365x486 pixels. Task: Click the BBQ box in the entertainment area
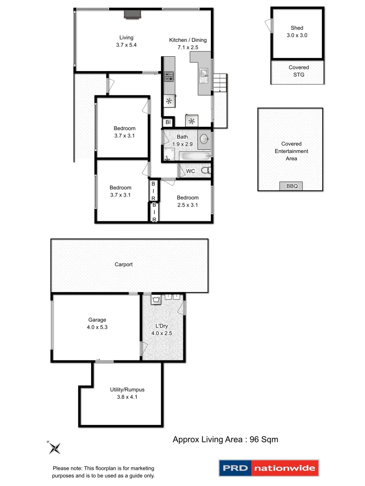(x=289, y=186)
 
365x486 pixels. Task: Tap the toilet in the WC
(x=205, y=171)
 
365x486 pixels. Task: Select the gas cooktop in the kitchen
(x=169, y=76)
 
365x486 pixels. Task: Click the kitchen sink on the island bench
(x=204, y=74)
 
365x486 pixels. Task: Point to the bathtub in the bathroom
(x=194, y=157)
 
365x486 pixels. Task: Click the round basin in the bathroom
(x=203, y=138)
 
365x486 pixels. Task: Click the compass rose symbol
(x=55, y=447)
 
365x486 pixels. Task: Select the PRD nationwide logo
(x=269, y=468)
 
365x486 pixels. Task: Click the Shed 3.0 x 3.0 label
(x=297, y=31)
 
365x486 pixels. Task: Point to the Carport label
(x=123, y=265)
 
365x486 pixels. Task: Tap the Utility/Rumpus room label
(x=127, y=393)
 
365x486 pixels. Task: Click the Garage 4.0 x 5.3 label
(x=97, y=324)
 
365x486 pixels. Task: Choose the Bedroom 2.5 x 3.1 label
(x=187, y=201)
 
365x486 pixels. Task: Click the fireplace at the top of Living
(x=132, y=15)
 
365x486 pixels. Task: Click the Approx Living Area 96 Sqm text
(x=225, y=440)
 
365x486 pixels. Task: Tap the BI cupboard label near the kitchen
(x=168, y=122)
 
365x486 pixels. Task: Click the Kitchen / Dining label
(x=187, y=44)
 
